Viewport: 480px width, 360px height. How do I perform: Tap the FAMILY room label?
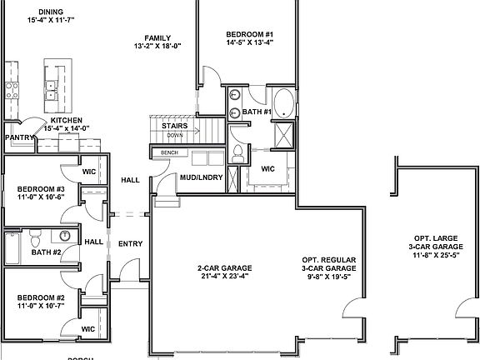click(157, 38)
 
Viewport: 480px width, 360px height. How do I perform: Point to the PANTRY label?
click(18, 137)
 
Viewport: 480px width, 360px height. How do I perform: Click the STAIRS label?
click(175, 125)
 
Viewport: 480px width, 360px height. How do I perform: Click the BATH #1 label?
click(257, 112)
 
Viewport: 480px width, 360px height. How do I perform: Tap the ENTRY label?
click(130, 243)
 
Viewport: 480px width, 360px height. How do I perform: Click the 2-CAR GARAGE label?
click(224, 267)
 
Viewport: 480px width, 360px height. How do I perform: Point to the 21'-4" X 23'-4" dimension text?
click(224, 277)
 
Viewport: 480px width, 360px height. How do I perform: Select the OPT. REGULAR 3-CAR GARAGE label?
click(329, 268)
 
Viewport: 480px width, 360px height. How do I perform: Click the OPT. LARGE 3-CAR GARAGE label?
click(436, 244)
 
